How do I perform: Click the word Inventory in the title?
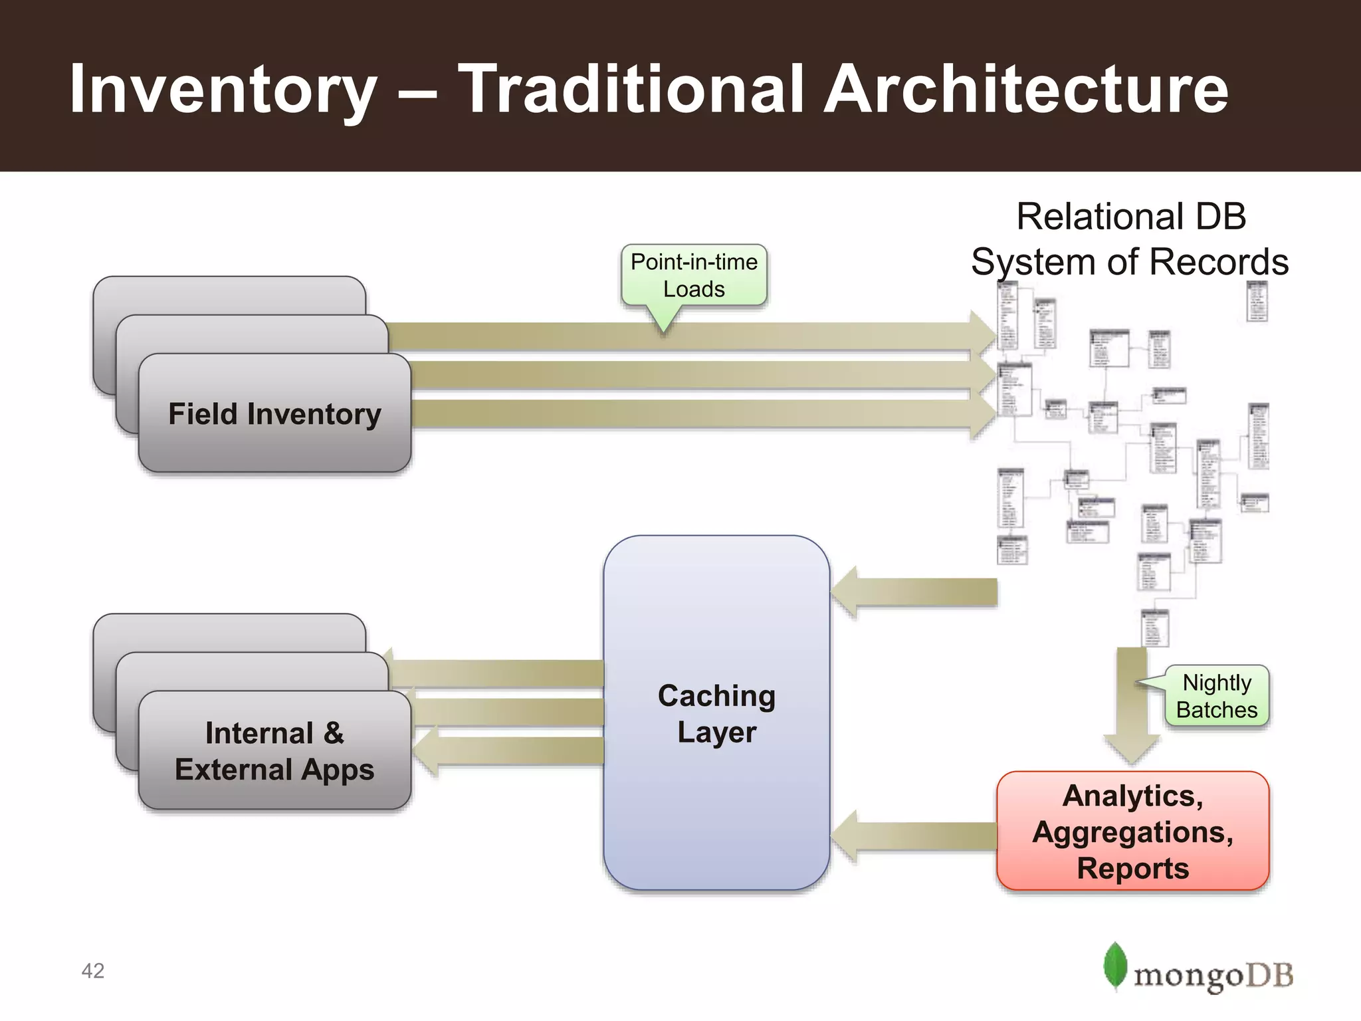point(223,90)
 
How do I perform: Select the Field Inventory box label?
point(274,413)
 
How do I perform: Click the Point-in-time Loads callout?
point(694,276)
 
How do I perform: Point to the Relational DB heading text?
point(1131,217)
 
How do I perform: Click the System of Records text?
point(1130,262)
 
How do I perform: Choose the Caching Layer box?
point(716,713)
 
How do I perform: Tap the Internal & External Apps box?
point(274,751)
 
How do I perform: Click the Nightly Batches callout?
point(1216,696)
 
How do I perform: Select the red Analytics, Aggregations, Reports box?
point(1132,831)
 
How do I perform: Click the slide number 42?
point(93,970)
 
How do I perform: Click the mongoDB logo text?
point(1213,976)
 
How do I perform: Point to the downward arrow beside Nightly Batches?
point(1132,705)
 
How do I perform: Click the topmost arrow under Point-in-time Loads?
point(691,336)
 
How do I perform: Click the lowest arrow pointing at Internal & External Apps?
point(512,751)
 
